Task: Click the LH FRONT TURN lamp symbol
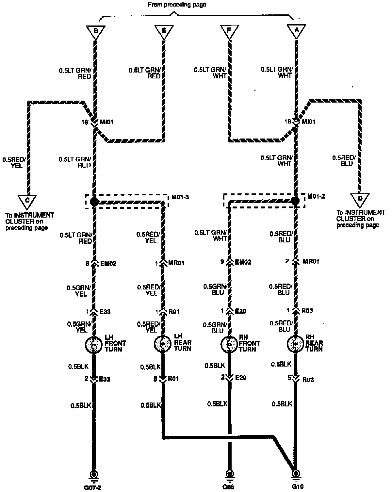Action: [94, 344]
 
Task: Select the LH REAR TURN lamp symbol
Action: [162, 344]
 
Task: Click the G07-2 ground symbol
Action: [94, 474]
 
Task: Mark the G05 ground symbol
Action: [230, 474]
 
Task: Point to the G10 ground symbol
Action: [296, 474]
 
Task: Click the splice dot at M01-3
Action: [94, 202]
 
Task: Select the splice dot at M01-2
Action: [295, 201]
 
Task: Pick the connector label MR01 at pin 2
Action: [311, 261]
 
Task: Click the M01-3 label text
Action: [180, 197]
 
